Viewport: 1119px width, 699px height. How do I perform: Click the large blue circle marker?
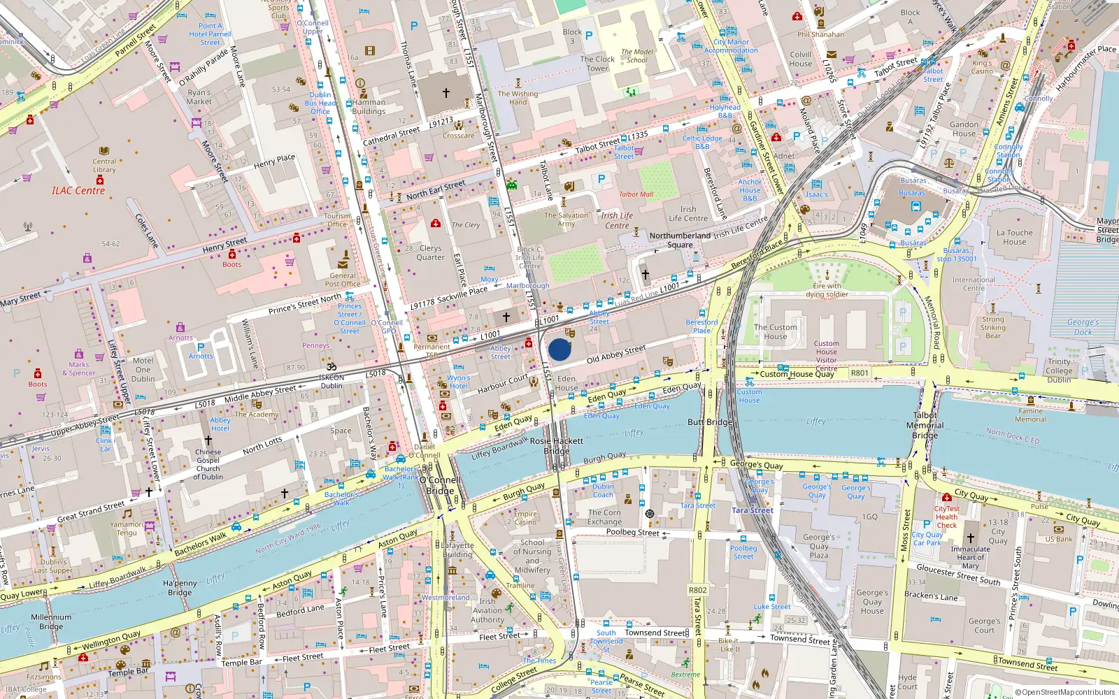coord(559,349)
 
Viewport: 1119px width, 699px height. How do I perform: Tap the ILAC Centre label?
coord(78,190)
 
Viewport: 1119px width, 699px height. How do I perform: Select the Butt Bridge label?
coord(710,422)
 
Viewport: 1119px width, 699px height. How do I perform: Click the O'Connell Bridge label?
coord(440,485)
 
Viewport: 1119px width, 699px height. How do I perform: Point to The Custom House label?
coord(775,331)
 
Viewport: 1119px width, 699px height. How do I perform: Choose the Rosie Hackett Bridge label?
coord(557,446)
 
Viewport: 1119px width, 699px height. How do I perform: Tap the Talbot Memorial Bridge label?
coord(925,425)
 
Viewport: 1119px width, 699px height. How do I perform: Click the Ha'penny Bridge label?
coord(180,587)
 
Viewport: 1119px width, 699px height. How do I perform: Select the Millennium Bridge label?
coord(51,621)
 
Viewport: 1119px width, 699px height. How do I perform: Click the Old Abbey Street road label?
coord(616,354)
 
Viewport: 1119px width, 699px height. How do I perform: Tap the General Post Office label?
coord(343,280)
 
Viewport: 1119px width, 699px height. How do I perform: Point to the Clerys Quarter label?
coord(430,252)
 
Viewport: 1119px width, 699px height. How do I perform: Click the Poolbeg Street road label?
coord(632,532)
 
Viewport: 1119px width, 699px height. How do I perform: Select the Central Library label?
coord(104,165)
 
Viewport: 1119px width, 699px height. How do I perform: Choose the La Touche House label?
coord(1014,237)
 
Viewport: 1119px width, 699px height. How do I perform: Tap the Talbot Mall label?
coord(636,194)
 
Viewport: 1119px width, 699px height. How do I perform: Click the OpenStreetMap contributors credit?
coord(1065,692)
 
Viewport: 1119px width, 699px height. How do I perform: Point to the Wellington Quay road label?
coord(111,640)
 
